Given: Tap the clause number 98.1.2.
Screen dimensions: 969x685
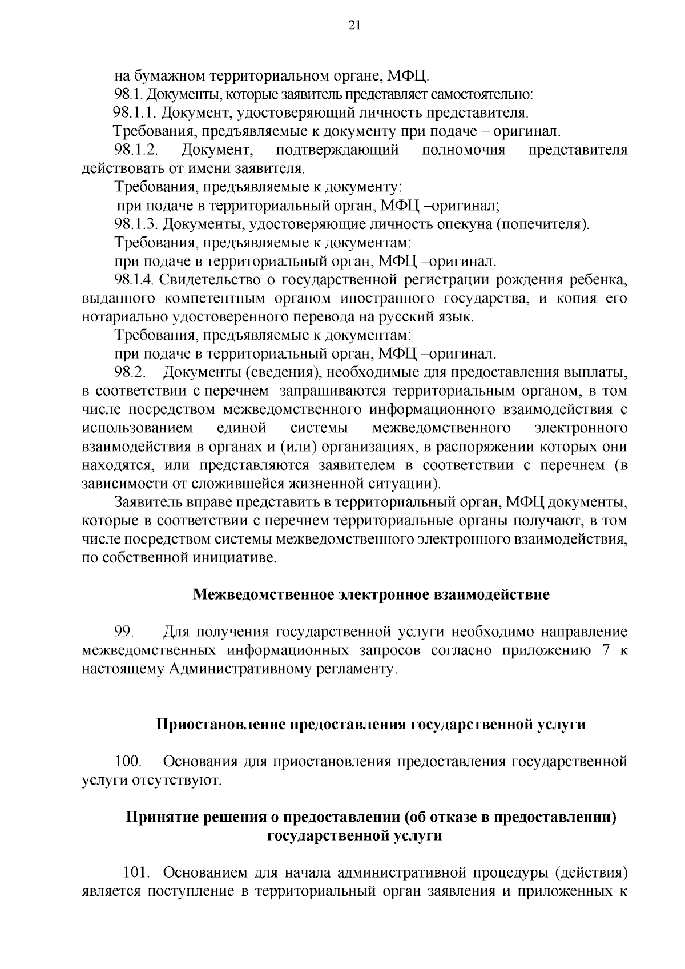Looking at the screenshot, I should (136, 151).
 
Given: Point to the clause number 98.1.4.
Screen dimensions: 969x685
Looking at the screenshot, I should (135, 280).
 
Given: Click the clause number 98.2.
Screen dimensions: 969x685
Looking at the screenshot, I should (131, 373).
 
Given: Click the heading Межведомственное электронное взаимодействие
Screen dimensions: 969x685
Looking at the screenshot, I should (371, 594).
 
